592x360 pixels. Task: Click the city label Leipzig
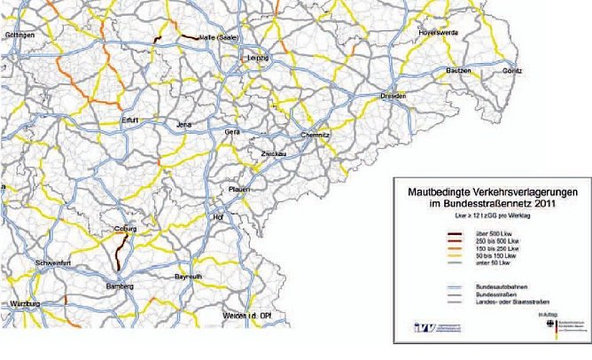[256, 59]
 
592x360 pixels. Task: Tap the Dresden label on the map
[393, 95]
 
